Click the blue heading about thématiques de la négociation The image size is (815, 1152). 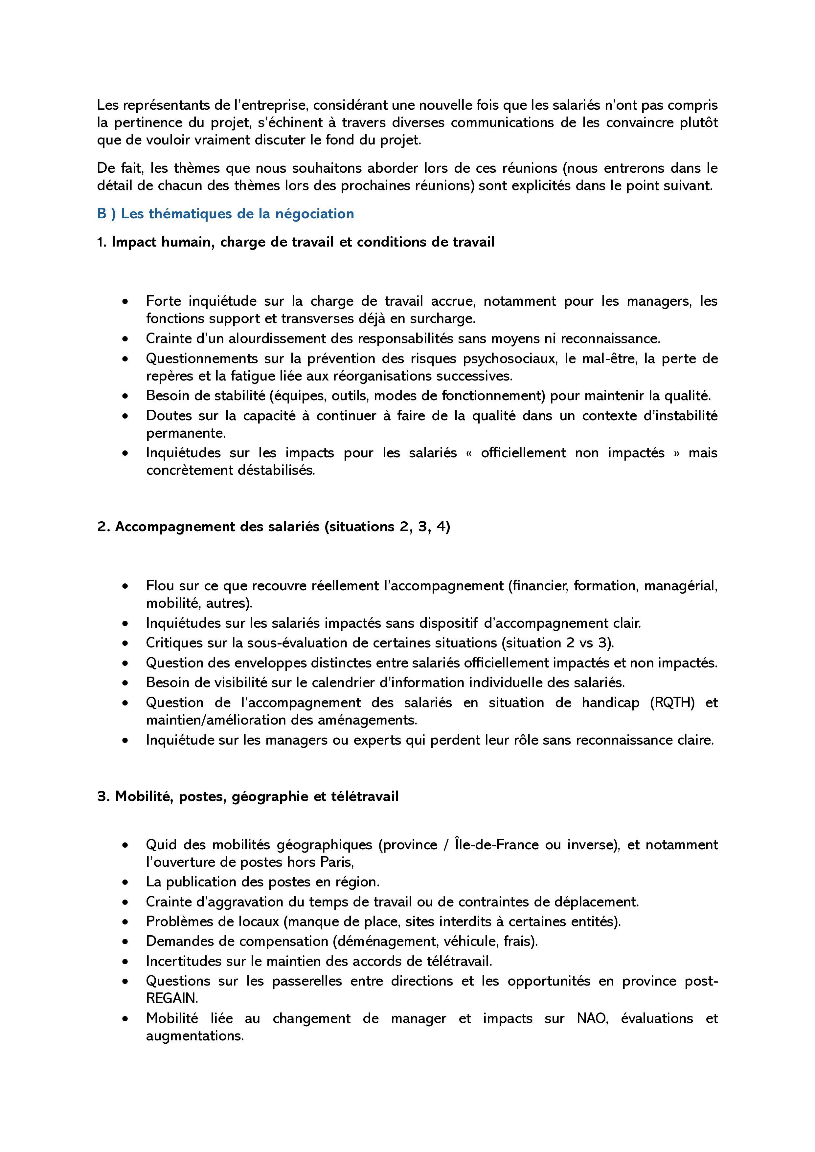point(225,214)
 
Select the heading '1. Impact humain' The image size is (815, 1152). point(296,242)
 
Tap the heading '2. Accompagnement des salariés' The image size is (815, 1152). point(274,527)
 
